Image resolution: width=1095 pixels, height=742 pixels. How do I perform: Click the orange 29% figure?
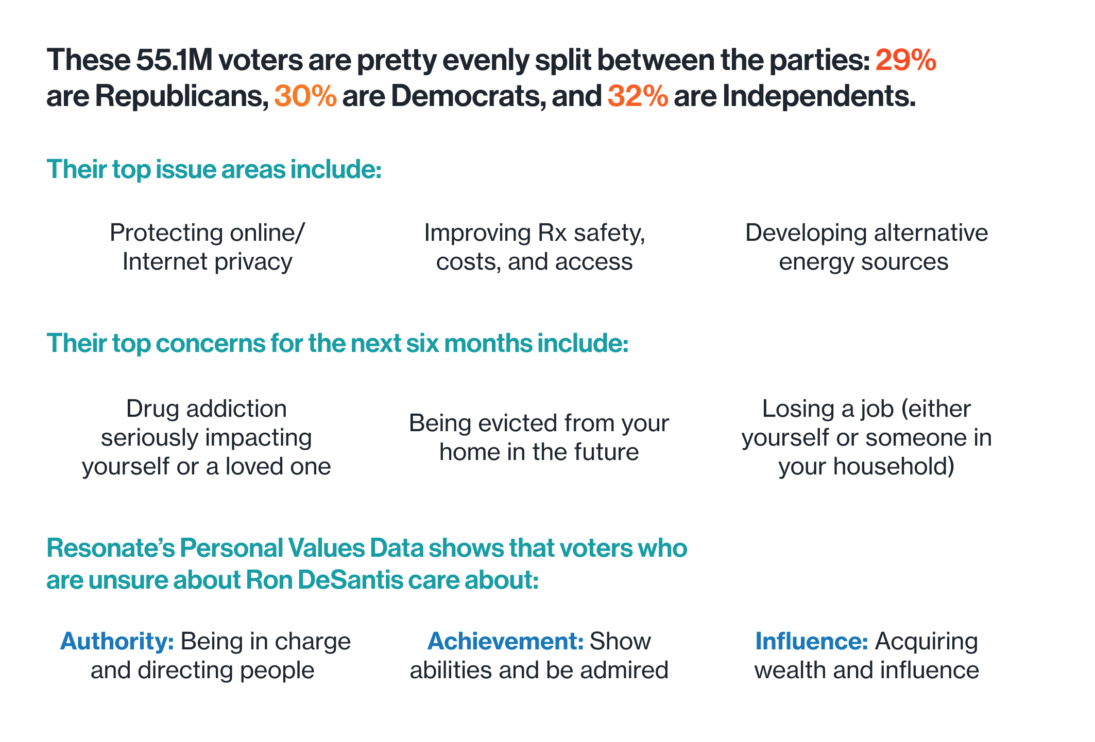coord(905,60)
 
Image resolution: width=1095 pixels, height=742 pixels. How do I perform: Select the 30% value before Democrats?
coord(305,96)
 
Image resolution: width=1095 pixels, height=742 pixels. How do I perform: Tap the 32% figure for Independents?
coord(638,96)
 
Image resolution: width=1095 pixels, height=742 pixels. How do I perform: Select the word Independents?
coord(819,96)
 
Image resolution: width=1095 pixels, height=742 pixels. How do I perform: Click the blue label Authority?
coord(117,641)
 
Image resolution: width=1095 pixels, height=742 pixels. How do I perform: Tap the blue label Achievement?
coord(505,641)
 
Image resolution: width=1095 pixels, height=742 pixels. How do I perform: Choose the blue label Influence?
coord(812,641)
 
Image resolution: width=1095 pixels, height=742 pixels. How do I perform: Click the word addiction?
coord(236,409)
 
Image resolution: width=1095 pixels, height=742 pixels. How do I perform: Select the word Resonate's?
coord(109,548)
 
